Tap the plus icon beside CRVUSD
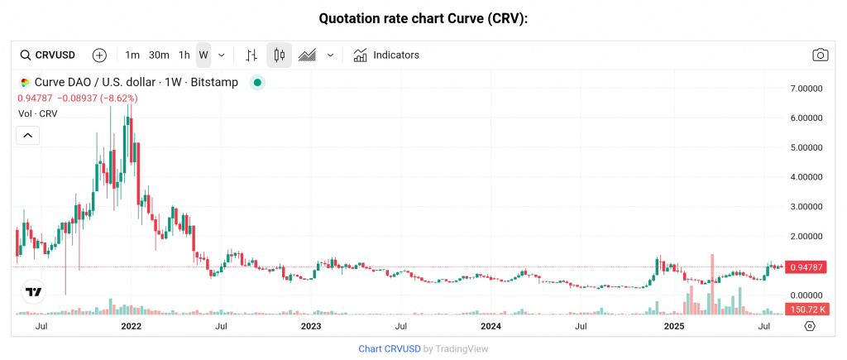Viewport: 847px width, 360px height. click(99, 55)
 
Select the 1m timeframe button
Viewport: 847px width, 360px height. click(132, 55)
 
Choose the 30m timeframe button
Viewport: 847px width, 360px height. click(159, 55)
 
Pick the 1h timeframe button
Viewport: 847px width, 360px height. click(184, 55)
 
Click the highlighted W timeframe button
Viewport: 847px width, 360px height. click(203, 55)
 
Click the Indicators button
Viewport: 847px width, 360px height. click(386, 55)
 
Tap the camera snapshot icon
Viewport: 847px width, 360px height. click(820, 55)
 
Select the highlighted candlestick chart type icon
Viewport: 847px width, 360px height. click(280, 55)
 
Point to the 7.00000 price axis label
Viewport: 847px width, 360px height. click(807, 88)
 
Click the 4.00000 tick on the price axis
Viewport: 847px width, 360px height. click(807, 177)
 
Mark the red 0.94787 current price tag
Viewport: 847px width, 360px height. click(806, 267)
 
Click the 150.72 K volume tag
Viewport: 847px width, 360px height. click(806, 309)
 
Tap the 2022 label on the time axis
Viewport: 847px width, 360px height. click(131, 327)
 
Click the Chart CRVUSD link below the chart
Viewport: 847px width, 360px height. click(389, 349)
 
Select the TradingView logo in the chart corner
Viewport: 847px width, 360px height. click(34, 292)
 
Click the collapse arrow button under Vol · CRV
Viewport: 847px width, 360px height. click(28, 136)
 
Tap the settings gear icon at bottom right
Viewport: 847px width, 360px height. click(810, 327)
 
